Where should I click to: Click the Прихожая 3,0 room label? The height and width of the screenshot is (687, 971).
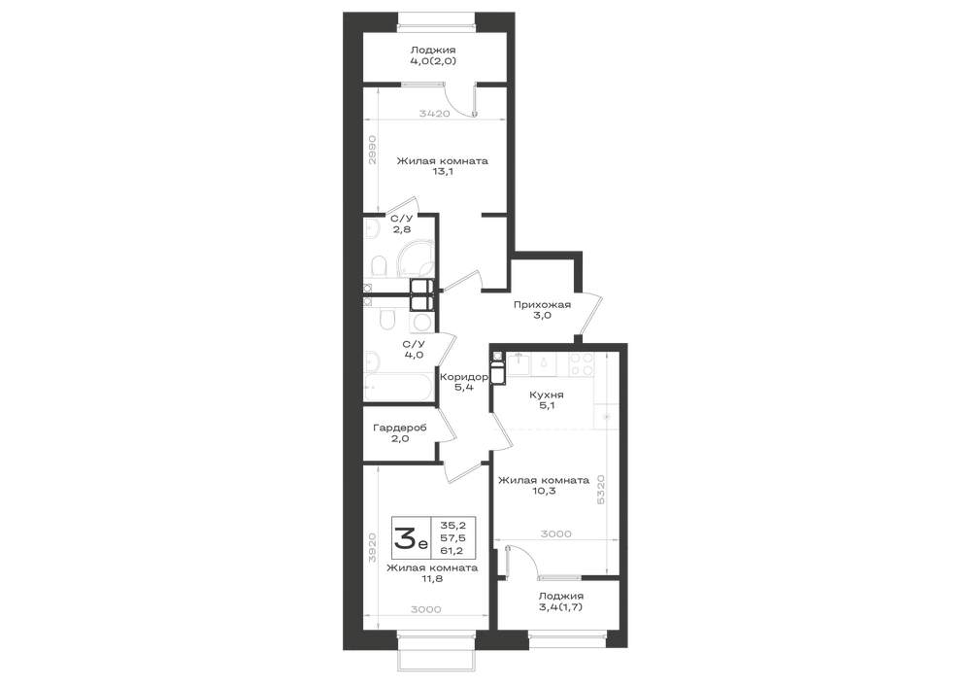(x=542, y=310)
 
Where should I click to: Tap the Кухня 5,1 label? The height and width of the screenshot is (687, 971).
(x=546, y=400)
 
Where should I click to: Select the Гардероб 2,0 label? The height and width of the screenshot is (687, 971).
(x=399, y=433)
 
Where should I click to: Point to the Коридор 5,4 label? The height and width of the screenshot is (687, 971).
(x=464, y=382)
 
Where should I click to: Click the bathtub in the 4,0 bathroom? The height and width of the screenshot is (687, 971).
(x=398, y=388)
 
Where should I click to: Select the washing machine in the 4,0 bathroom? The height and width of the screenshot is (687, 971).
(x=422, y=323)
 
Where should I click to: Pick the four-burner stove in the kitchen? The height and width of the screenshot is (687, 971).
(x=582, y=364)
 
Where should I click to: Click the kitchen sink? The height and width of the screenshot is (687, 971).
(x=518, y=363)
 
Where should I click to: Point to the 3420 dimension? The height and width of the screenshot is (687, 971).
(x=434, y=114)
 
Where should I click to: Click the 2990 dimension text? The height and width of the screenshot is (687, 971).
(x=372, y=149)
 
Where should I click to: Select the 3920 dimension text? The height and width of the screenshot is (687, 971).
(x=372, y=548)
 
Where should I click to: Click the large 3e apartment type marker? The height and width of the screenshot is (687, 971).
(x=410, y=537)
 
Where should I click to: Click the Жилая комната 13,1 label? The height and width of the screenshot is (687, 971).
(x=442, y=166)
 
